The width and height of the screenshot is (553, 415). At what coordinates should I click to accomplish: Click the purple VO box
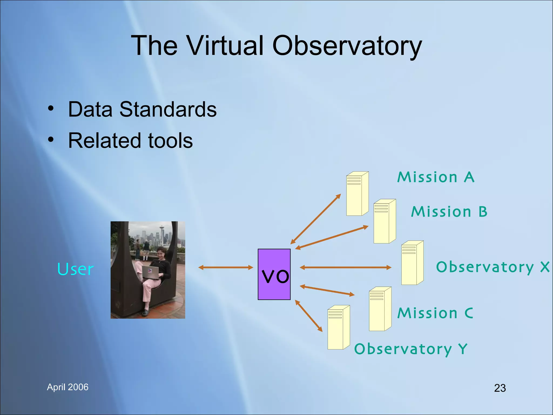(x=274, y=274)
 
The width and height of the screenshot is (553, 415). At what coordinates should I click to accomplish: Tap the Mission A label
(x=436, y=178)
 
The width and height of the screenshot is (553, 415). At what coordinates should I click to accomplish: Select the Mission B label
(x=449, y=212)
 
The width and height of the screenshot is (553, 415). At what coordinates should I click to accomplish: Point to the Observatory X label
(x=493, y=267)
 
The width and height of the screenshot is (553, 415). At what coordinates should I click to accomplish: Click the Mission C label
(x=435, y=313)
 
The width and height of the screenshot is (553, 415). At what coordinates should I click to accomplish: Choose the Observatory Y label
(x=410, y=349)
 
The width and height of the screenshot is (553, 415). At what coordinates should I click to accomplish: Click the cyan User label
(x=75, y=269)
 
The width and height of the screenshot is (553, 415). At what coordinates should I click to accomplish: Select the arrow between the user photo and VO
(x=225, y=267)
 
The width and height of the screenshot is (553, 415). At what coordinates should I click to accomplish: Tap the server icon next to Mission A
(x=357, y=194)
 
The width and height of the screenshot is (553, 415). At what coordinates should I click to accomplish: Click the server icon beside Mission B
(x=384, y=221)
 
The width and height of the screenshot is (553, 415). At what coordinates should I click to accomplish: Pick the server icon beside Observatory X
(x=412, y=263)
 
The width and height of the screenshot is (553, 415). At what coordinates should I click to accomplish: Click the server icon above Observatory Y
(x=338, y=327)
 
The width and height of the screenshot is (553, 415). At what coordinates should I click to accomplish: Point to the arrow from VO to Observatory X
(x=345, y=267)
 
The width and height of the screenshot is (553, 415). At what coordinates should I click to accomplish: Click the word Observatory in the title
(x=347, y=46)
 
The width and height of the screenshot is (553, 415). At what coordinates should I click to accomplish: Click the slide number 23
(x=500, y=388)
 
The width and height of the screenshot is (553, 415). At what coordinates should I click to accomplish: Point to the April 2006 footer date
(x=68, y=387)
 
